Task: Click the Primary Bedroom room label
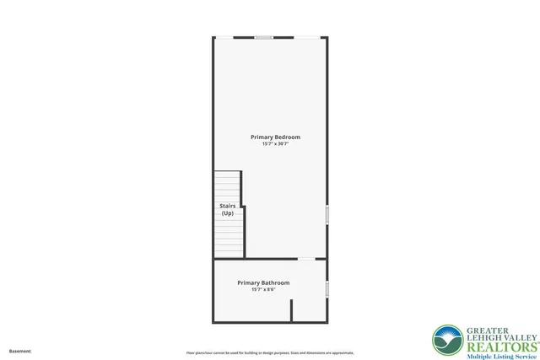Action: tap(275, 137)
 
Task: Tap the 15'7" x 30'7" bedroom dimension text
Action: tap(275, 144)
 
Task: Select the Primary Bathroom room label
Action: tap(263, 282)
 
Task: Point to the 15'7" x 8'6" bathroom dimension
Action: tap(263, 290)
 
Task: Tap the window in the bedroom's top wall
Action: tap(264, 37)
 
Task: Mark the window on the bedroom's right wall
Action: tap(327, 214)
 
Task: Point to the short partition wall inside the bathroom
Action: tap(291, 309)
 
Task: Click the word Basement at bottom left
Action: tap(20, 351)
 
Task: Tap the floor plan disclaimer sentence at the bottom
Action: tap(270, 352)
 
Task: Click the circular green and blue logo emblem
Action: tap(447, 341)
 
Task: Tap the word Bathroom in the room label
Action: tap(275, 282)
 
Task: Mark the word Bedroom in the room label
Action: tap(287, 137)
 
